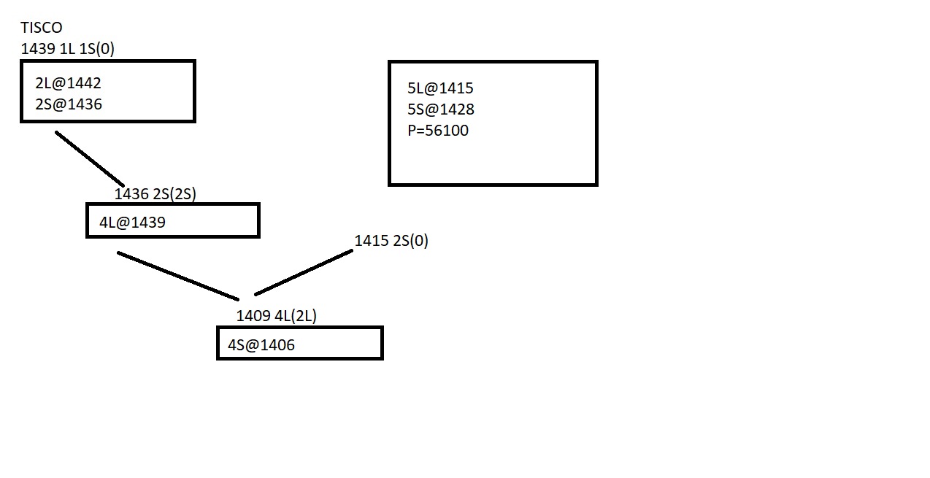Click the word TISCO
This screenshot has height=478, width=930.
tap(42, 28)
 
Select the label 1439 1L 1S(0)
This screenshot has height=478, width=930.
tap(68, 49)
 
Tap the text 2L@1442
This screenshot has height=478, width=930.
tap(68, 83)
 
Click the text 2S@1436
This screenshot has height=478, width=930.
tap(69, 104)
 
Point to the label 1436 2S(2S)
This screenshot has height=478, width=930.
tap(155, 194)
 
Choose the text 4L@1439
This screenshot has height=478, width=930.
tap(132, 223)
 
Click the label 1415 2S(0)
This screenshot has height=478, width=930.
tap(391, 241)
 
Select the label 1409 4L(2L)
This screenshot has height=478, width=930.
tap(277, 316)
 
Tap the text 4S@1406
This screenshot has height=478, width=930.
tap(261, 345)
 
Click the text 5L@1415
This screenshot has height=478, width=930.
tap(441, 88)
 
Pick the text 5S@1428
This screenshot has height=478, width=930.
tap(441, 109)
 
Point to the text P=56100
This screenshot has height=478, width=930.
tap(438, 131)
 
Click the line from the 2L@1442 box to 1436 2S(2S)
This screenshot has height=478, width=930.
tap(89, 158)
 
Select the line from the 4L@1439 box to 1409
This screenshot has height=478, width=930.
tap(177, 276)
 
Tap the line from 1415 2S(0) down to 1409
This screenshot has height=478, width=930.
tap(304, 273)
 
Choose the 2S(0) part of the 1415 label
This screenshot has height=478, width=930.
tap(410, 241)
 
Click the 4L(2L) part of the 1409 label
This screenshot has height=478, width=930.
tap(296, 316)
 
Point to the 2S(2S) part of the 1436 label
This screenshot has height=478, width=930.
tap(174, 194)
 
